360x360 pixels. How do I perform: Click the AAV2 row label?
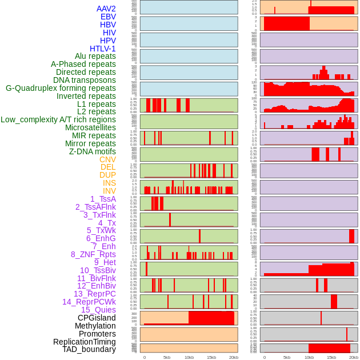tap(106, 9)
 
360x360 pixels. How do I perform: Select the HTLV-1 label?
tap(102, 49)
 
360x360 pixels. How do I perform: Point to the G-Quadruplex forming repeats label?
tap(61, 88)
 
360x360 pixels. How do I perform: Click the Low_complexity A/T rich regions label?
tap(58, 119)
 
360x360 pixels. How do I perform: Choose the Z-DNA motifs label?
tap(92, 151)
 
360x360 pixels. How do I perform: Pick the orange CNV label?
tap(107, 159)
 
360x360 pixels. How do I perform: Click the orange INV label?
tap(109, 191)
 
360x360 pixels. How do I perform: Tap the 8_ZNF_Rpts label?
tap(93, 254)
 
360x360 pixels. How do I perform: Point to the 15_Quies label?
tap(98, 310)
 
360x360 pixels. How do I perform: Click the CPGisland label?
tap(97, 318)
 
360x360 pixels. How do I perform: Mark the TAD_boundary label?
tap(89, 349)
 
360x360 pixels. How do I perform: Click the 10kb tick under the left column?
tap(189, 357)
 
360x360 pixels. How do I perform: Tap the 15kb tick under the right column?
tap(331, 357)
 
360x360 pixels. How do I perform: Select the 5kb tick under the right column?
tap(287, 357)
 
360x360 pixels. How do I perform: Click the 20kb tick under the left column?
tap(234, 357)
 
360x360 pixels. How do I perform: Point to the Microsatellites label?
tap(90, 127)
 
